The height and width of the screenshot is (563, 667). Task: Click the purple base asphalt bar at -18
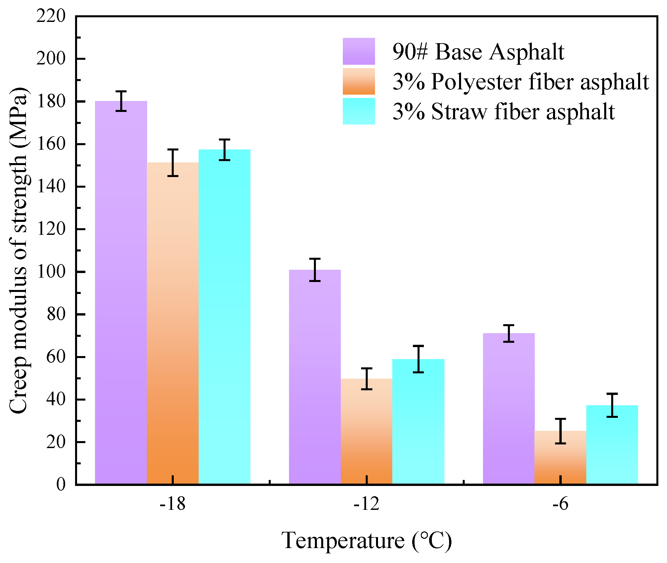(x=121, y=292)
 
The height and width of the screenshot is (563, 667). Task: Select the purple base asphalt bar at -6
(x=509, y=409)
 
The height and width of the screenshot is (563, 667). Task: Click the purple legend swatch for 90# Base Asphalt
(x=359, y=51)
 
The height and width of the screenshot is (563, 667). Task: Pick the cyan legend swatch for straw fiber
(x=359, y=111)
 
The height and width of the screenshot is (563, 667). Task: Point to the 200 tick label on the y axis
(x=51, y=59)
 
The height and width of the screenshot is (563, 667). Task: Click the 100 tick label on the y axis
(x=51, y=272)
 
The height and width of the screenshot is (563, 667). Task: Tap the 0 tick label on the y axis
(x=61, y=485)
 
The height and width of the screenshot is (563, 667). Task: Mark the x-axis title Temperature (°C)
(x=367, y=541)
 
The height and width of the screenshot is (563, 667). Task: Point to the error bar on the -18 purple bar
(x=121, y=101)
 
